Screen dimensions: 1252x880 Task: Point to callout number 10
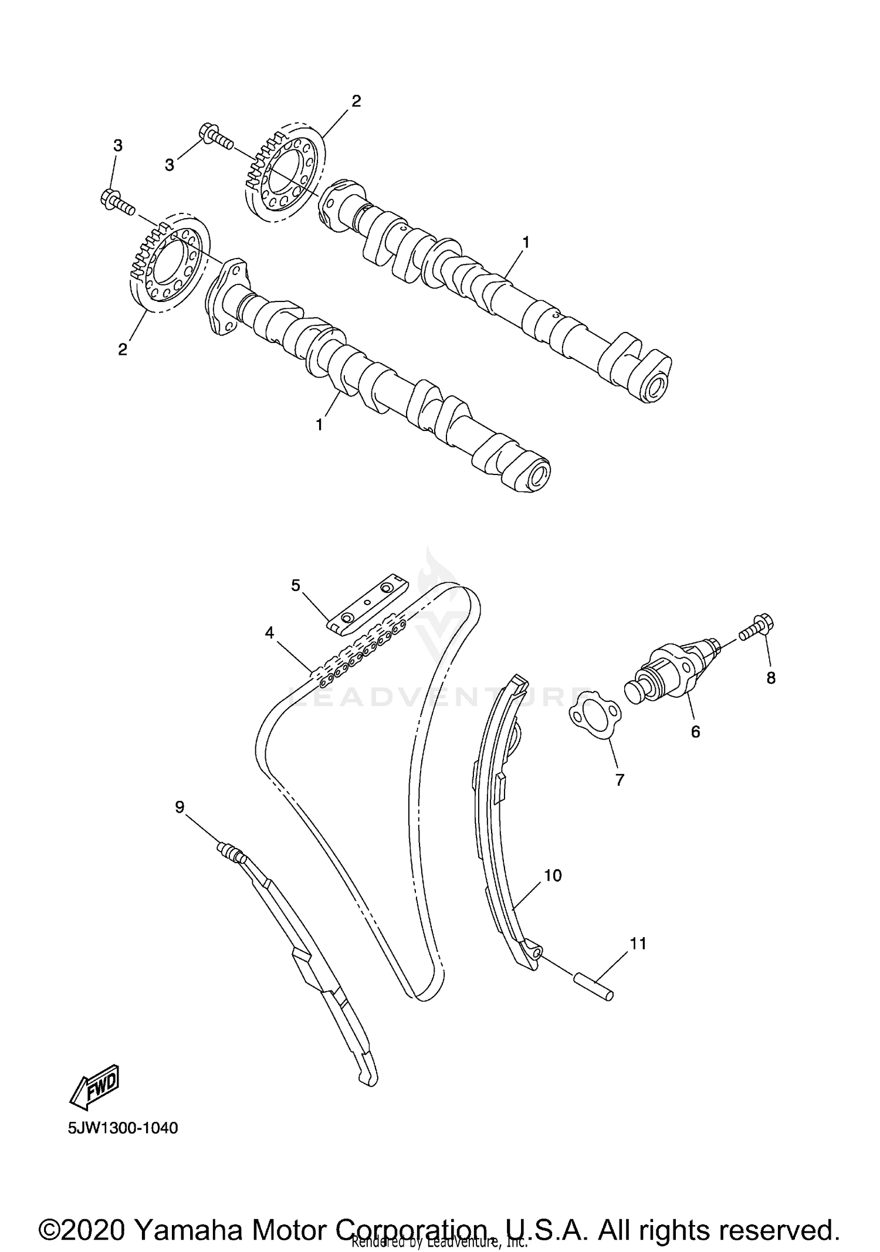tap(553, 876)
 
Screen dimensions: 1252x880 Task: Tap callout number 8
tap(771, 678)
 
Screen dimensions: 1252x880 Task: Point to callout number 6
tap(696, 731)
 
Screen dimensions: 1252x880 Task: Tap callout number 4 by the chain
tap(269, 632)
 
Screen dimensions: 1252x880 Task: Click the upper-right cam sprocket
tap(284, 172)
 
